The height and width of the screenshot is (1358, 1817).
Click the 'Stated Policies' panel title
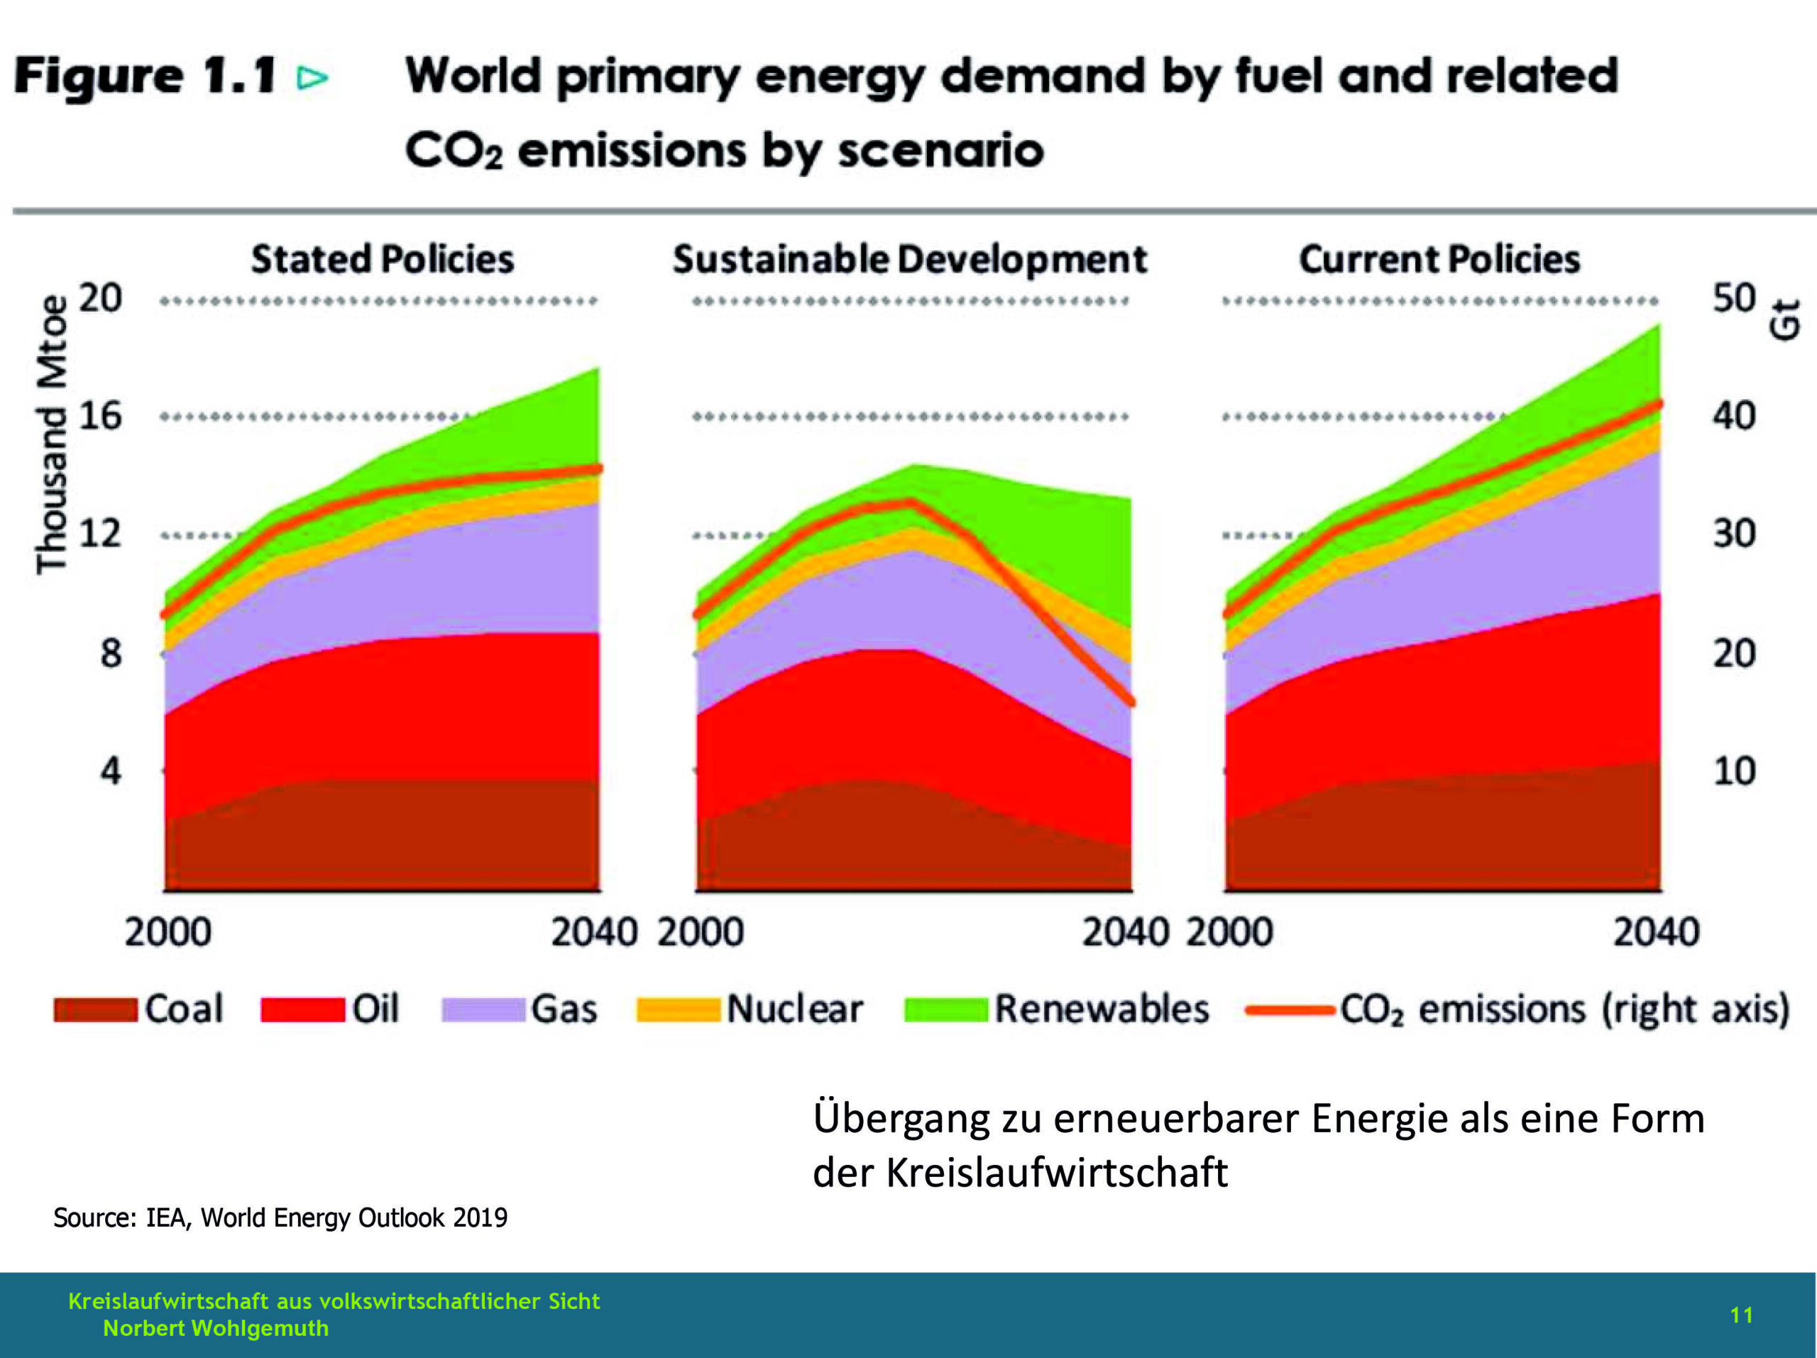point(383,260)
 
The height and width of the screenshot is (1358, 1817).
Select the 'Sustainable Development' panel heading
point(909,260)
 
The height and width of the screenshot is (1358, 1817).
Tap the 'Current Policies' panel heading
point(1439,260)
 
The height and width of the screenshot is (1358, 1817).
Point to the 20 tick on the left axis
point(100,298)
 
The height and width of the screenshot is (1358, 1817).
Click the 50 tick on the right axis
point(1734,298)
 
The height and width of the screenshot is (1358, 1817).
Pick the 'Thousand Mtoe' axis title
point(51,434)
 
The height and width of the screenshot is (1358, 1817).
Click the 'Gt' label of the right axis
point(1785,319)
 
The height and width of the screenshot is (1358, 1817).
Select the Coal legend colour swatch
point(95,1009)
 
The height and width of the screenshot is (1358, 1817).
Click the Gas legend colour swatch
point(483,1009)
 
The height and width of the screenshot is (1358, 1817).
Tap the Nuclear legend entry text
point(794,1009)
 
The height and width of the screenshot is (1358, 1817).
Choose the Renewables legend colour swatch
point(945,1009)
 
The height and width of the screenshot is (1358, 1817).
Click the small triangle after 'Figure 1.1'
point(313,78)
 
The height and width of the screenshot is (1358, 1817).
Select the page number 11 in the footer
point(1742,1315)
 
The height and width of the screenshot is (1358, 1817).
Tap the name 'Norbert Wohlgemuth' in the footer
point(215,1328)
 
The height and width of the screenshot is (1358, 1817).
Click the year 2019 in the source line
point(480,1217)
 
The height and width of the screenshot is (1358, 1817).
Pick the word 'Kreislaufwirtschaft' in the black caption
point(1056,1172)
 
